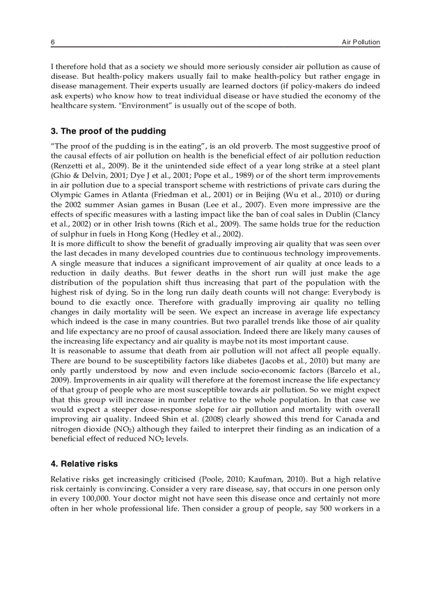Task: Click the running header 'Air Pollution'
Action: tap(361, 42)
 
